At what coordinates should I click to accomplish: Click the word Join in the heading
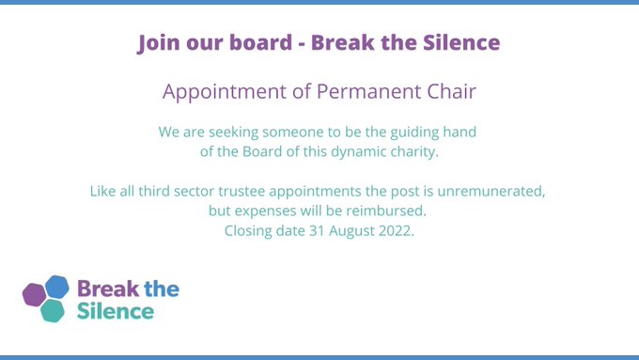coord(159,43)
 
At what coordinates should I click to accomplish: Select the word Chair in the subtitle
coord(452,91)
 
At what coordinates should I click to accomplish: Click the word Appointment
coord(225,92)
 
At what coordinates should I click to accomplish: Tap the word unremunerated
coord(491,191)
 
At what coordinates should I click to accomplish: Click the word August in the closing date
coord(351,231)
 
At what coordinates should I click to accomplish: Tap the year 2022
coord(397,231)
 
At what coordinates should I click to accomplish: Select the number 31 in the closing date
coord(317,231)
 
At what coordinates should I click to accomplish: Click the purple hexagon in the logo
coord(34,295)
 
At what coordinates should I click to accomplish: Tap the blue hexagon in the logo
coord(57,287)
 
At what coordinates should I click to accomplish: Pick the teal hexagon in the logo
coord(53,311)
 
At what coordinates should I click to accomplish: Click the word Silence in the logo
coord(116,311)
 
